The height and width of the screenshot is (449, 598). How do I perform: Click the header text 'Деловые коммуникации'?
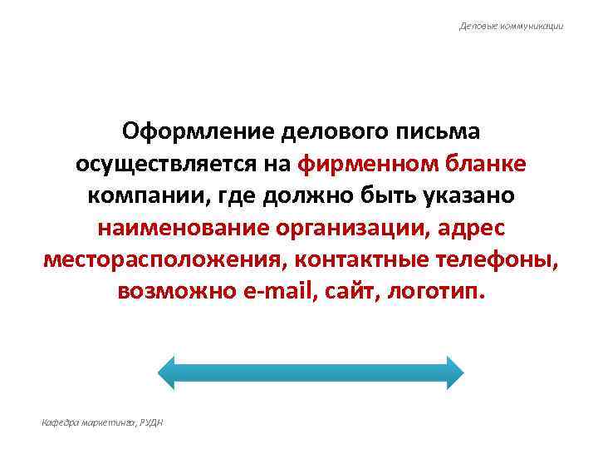[512, 26]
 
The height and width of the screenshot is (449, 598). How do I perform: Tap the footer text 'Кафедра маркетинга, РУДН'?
[102, 423]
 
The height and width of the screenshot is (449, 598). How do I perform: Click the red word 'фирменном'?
[360, 164]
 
